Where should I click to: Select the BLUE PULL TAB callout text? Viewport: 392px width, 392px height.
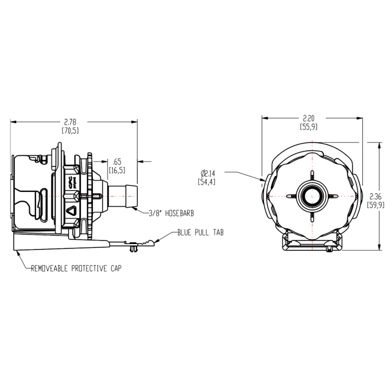click(x=200, y=233)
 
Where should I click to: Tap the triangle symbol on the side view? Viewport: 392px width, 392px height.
click(x=71, y=211)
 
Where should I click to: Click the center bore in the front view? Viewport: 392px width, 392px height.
click(x=312, y=196)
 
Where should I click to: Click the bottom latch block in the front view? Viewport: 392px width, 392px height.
click(x=312, y=242)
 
